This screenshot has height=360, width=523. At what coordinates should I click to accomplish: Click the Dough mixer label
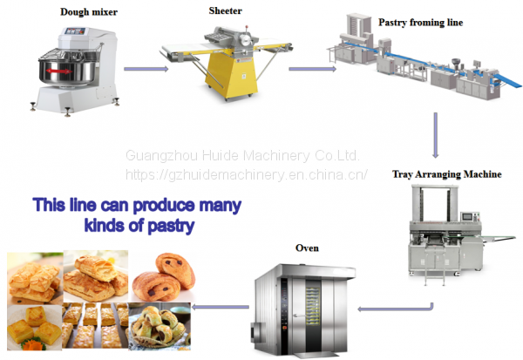pos(90,12)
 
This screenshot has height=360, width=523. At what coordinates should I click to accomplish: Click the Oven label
pos(308,248)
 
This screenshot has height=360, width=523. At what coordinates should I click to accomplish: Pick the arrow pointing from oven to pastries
pos(216,306)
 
